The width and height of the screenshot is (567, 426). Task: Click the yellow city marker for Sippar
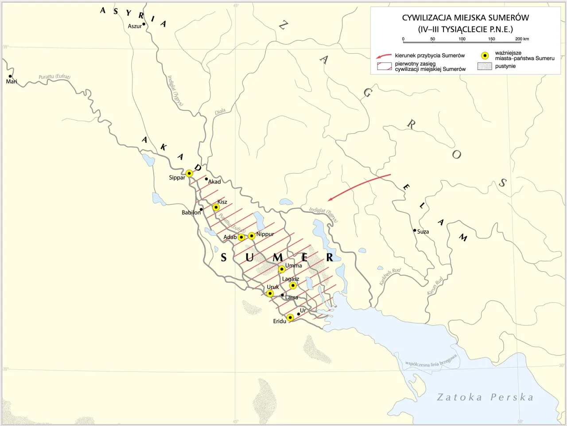tap(189, 173)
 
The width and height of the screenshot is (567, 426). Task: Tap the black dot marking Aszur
tap(144, 24)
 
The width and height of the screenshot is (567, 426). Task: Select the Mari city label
tap(12, 82)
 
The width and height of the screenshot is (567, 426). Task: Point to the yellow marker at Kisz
tap(216, 207)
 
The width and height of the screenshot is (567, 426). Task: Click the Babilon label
tap(191, 213)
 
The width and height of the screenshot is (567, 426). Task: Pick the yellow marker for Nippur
tap(252, 236)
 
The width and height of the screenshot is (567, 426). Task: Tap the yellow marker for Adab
tap(241, 237)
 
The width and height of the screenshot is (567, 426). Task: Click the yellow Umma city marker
tap(282, 269)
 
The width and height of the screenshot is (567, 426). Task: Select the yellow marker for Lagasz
tap(293, 285)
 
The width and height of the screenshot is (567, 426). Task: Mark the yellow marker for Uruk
tap(270, 293)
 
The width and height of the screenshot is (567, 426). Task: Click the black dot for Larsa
tap(283, 295)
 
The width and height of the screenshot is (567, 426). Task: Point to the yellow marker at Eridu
tap(290, 317)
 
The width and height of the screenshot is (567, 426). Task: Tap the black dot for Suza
tap(415, 231)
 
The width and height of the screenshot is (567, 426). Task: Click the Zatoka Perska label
tap(485, 397)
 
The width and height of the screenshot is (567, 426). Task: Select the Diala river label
tap(220, 112)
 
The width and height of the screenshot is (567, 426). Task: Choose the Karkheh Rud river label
tap(390, 277)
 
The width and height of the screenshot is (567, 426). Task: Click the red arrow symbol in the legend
tap(384, 56)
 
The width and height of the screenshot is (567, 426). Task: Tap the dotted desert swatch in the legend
tap(485, 66)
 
